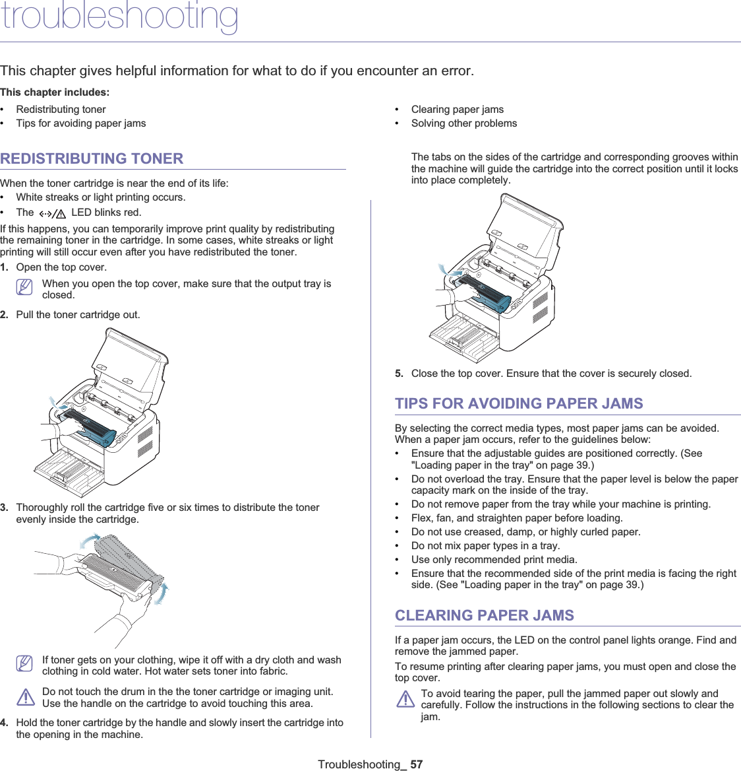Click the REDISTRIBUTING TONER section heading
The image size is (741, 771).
pos(92,158)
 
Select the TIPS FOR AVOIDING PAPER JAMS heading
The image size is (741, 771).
pos(519,403)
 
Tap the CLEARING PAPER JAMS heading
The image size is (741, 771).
pos(484,615)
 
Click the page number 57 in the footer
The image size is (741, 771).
pos(416,764)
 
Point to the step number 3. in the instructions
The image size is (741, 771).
pos(5,508)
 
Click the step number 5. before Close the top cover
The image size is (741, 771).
pos(400,374)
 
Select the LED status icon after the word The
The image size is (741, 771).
pos(53,213)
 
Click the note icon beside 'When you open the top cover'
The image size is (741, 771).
pos(26,287)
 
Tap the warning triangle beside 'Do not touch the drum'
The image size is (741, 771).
pos(26,696)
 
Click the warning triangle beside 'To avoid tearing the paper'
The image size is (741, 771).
pos(405,698)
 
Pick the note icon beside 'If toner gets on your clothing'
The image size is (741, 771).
pos(26,663)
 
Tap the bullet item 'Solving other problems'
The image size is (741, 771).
pos(463,123)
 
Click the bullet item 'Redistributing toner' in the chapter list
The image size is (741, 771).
pos(61,110)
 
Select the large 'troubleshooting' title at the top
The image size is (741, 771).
pos(119,17)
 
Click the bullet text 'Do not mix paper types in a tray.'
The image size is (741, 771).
pos(485,546)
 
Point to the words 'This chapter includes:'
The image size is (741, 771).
pos(55,92)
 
